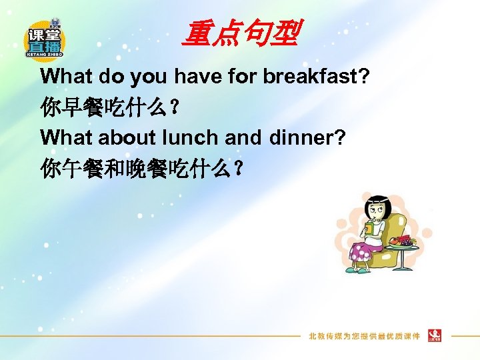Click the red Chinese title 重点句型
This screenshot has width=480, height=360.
point(240,33)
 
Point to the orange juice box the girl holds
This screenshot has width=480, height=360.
point(368,228)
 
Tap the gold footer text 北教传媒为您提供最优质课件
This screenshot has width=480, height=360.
point(363,335)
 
